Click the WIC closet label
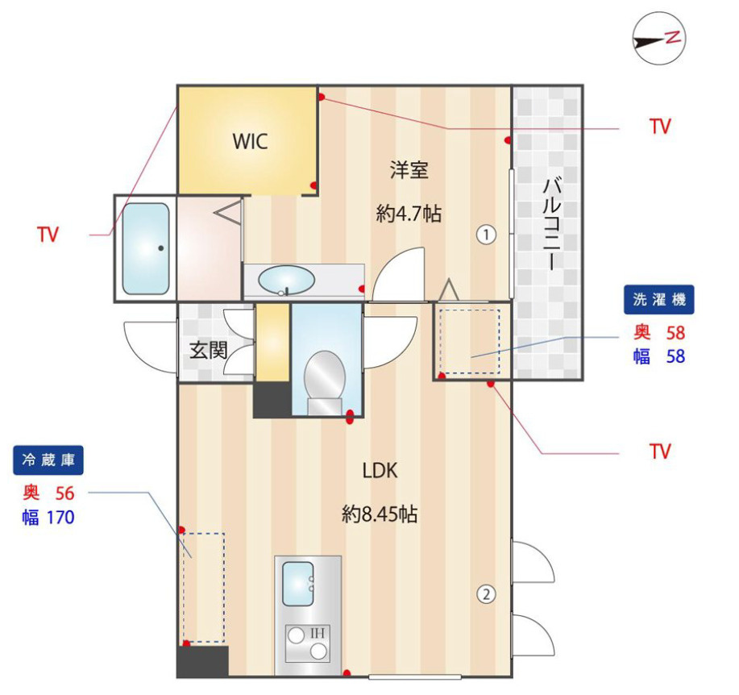click(x=250, y=141)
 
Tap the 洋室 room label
click(x=409, y=170)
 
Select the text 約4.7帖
click(x=408, y=214)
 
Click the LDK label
click(x=380, y=471)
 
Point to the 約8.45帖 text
click(x=380, y=514)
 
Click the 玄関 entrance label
click(x=208, y=351)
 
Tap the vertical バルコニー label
click(x=551, y=224)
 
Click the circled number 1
click(x=486, y=235)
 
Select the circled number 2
click(x=486, y=594)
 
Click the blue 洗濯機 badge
click(x=659, y=299)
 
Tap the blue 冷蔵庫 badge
click(x=48, y=460)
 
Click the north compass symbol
click(x=659, y=39)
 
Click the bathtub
click(x=146, y=248)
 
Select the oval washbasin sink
click(x=286, y=280)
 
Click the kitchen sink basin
click(x=298, y=584)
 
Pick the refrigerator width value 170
click(x=60, y=518)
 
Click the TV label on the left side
click(x=48, y=235)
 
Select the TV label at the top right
click(x=660, y=127)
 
